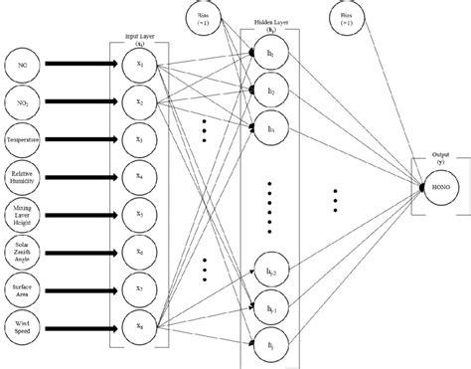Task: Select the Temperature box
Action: (x=23, y=140)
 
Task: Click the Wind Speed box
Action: (x=23, y=324)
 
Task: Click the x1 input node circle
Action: (x=138, y=65)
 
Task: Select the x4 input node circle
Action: (x=138, y=178)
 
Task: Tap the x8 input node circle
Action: (x=138, y=324)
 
